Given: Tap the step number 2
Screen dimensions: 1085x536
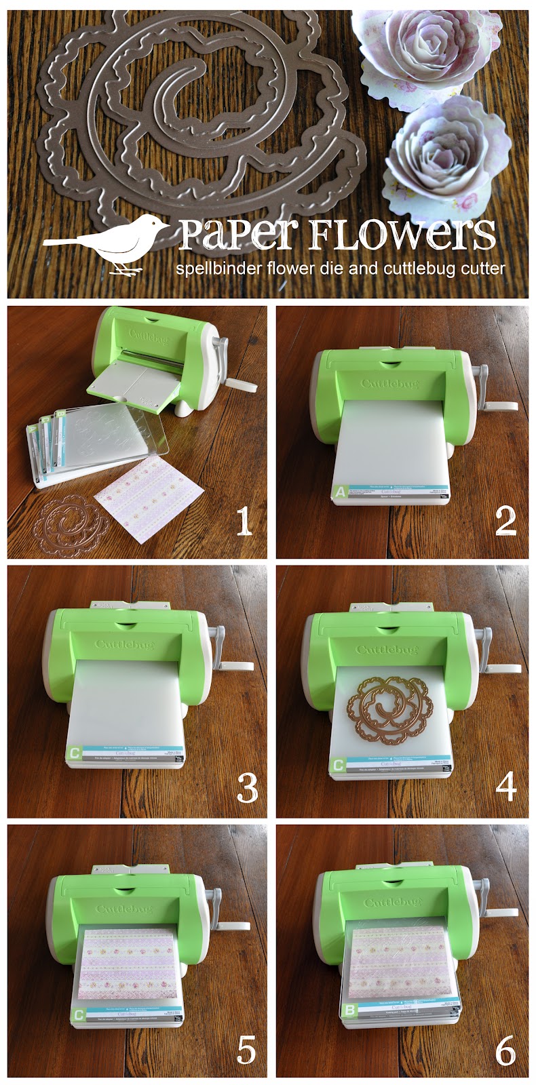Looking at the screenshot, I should click(x=505, y=520).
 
